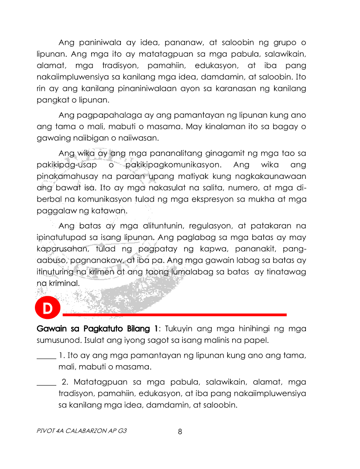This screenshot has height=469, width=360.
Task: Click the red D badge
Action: point(48,308)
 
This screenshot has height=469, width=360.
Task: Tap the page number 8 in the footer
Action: point(180,432)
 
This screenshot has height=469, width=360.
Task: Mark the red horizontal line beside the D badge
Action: point(175,314)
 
